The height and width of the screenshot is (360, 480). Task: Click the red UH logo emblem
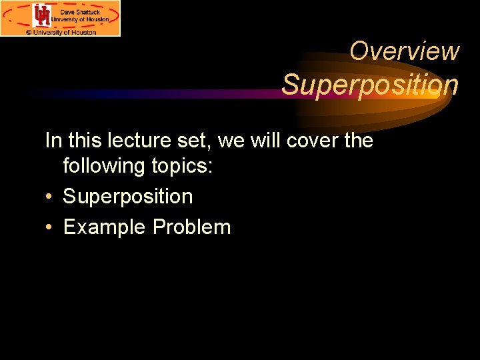[x=42, y=15]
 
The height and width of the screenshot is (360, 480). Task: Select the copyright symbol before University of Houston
[x=29, y=31]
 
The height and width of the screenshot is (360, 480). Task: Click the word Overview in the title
[x=405, y=51]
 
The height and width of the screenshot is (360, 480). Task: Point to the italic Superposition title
[x=370, y=85]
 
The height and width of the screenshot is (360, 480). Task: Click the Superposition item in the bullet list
[x=128, y=197]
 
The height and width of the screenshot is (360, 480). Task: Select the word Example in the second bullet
[x=105, y=227]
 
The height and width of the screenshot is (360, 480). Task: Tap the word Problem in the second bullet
[x=191, y=227]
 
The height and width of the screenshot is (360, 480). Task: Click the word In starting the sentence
[x=53, y=141]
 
